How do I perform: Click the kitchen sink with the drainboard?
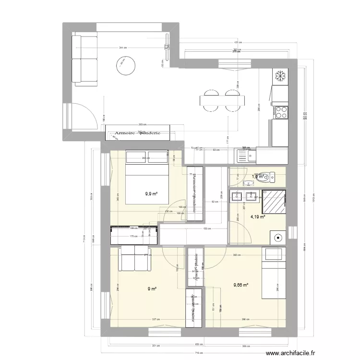(243, 155)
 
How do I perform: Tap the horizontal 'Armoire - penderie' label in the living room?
(137, 133)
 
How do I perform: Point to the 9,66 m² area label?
(240, 285)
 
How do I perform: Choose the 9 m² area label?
(152, 288)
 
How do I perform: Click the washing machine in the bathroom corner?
(277, 236)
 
